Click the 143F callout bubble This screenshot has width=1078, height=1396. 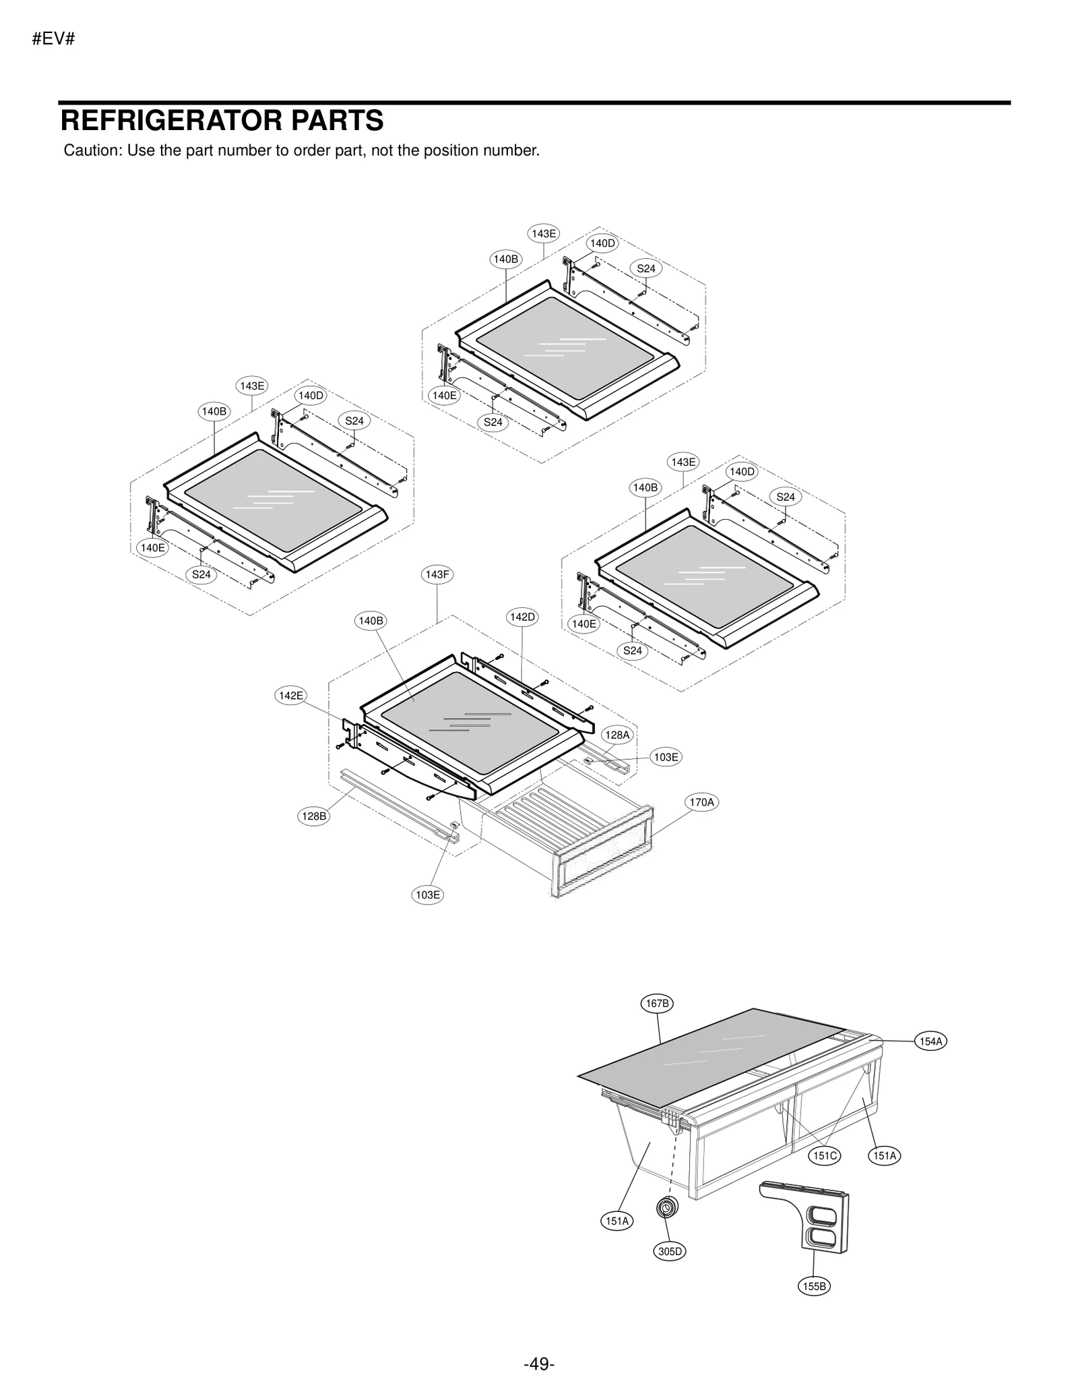click(x=437, y=574)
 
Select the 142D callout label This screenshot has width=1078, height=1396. click(x=522, y=617)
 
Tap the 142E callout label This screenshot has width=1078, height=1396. click(x=291, y=696)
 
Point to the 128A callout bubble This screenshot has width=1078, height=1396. click(x=616, y=735)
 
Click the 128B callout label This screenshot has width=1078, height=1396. click(x=314, y=816)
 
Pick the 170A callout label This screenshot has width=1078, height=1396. click(x=701, y=802)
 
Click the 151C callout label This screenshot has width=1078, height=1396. click(x=825, y=1156)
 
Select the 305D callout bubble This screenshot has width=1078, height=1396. click(x=670, y=1252)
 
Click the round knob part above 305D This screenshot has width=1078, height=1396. click(x=667, y=1207)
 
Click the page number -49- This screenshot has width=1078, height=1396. click(x=539, y=1359)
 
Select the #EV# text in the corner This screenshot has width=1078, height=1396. click(x=53, y=39)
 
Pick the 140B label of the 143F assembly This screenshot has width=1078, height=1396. click(x=371, y=621)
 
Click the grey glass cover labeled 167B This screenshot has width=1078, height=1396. click(x=701, y=1058)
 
